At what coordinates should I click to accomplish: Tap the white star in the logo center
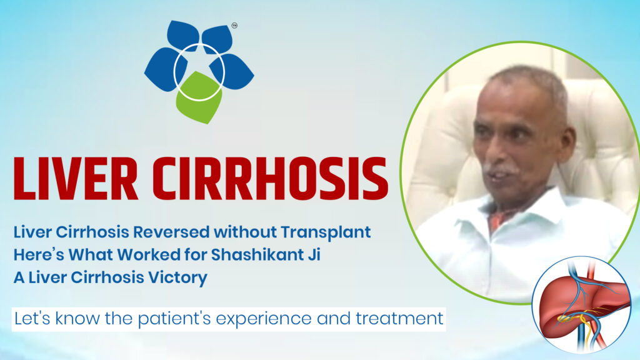[199, 67]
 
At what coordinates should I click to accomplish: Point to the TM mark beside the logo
[234, 26]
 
